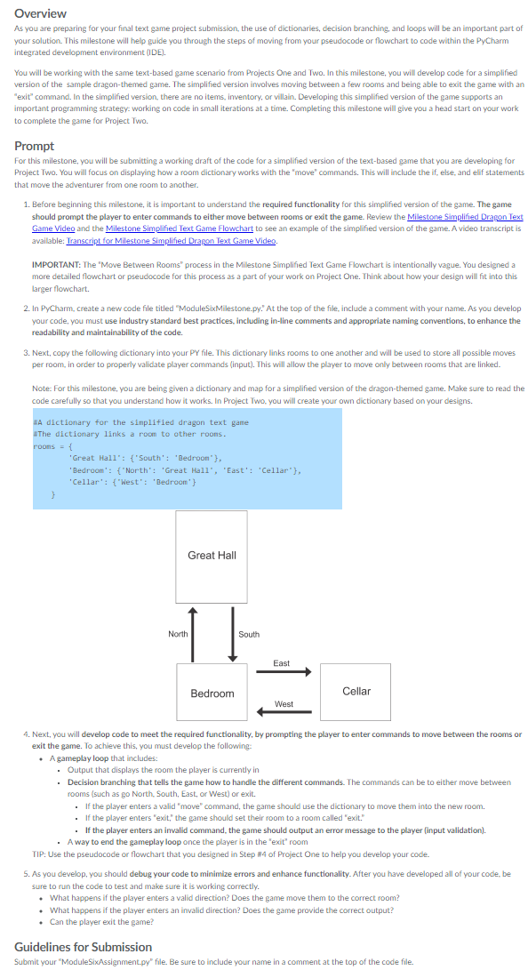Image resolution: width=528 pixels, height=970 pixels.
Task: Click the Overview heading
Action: [41, 13]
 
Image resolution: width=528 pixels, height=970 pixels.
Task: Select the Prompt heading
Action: [35, 145]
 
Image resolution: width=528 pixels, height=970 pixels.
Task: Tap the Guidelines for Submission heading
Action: [83, 946]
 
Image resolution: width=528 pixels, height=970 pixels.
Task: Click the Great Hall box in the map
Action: [212, 555]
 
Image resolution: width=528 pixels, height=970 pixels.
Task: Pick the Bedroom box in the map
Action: [212, 693]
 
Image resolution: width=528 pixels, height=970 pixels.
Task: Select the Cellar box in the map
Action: [356, 691]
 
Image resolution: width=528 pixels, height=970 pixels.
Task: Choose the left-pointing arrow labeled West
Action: [284, 711]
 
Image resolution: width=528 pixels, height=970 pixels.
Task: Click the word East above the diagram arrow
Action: [281, 663]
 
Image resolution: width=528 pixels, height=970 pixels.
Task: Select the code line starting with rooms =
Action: [45, 447]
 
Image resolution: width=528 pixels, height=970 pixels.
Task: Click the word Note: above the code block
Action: [41, 388]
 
